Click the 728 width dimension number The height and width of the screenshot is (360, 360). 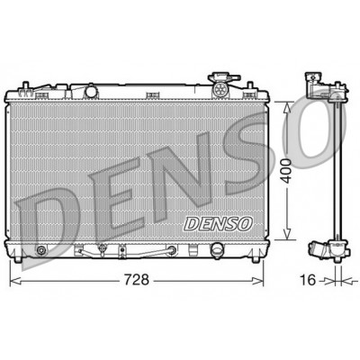(137, 280)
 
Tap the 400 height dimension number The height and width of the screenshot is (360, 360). (287, 171)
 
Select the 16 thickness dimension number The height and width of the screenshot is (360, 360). (308, 280)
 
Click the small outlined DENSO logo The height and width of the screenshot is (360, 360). (218, 223)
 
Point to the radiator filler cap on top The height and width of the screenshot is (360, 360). (224, 77)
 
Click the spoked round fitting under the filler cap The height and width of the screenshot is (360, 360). (220, 89)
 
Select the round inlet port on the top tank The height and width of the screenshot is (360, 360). (90, 92)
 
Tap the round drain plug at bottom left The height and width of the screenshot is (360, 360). (40, 250)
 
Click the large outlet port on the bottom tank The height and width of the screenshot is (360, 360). (217, 249)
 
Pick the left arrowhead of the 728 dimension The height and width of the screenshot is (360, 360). (15, 281)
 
